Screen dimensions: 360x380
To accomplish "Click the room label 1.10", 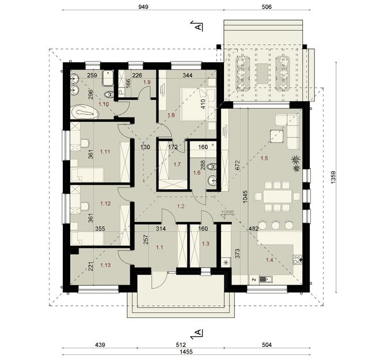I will [104, 104].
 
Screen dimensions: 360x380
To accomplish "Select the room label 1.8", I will [170, 116].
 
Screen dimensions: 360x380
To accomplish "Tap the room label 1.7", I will [176, 164].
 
